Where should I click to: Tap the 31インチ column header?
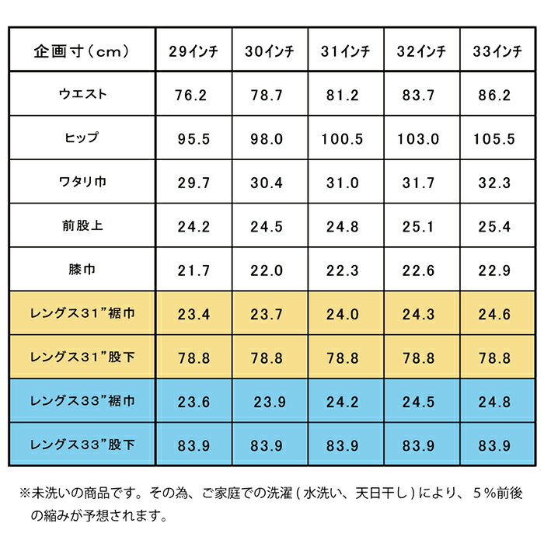[x=347, y=52]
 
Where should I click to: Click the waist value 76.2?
[x=192, y=96]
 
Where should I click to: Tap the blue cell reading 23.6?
[x=192, y=402]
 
